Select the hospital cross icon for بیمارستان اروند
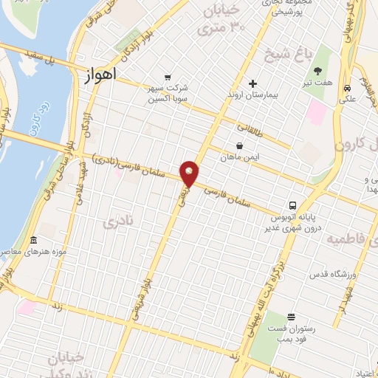(252, 83)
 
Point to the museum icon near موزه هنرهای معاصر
(33, 241)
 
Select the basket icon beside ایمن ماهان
(239, 145)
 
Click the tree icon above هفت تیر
(317, 71)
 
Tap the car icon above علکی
(346, 88)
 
